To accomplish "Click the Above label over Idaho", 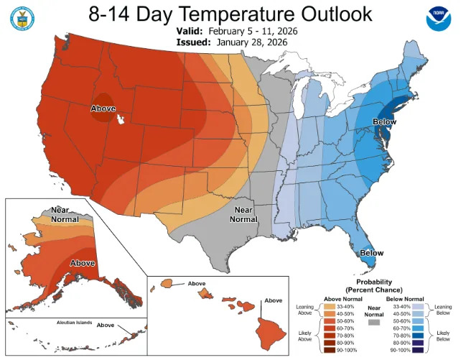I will coord(103,108).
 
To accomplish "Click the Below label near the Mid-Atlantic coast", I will coord(384,122).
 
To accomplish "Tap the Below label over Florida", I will coord(371,253).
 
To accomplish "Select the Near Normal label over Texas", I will coord(243,214).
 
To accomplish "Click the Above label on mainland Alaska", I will coord(83,263).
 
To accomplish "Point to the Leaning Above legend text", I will coord(304,310).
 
